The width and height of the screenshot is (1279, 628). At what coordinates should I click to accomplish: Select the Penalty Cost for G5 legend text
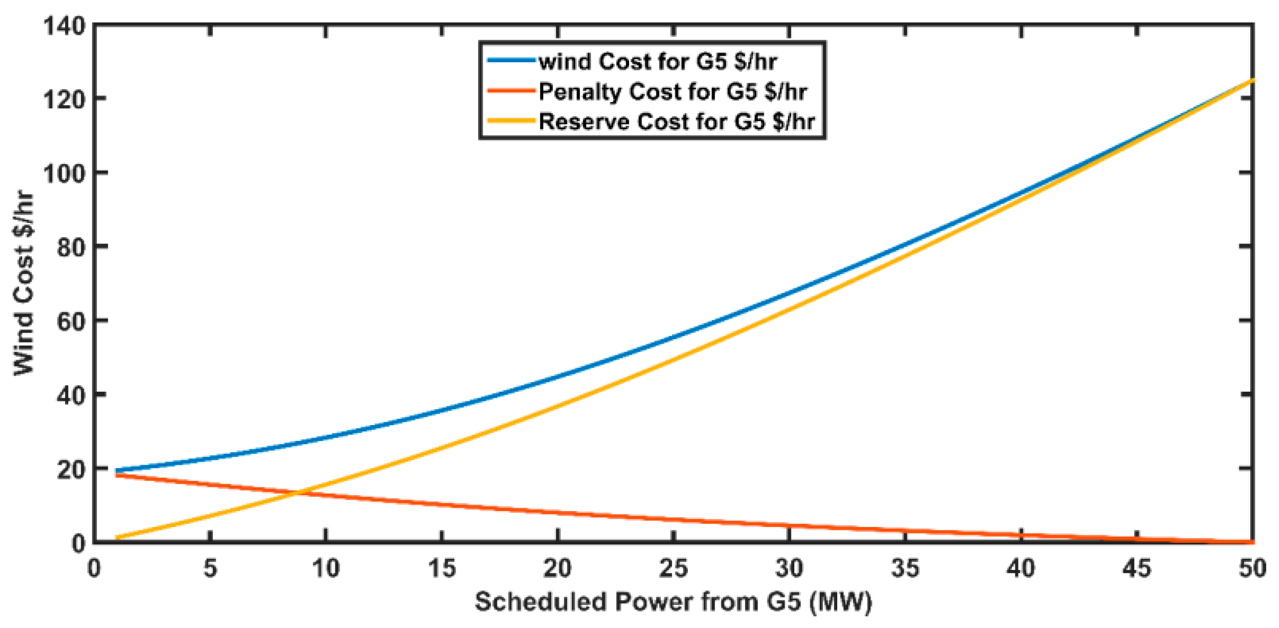point(672,92)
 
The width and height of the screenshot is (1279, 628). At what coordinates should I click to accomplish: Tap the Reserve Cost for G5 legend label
point(676,122)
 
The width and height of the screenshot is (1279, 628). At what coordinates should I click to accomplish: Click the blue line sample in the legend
point(511,60)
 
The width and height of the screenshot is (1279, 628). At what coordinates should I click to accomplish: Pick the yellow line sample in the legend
point(511,121)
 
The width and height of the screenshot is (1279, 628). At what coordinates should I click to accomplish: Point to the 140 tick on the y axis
point(65,26)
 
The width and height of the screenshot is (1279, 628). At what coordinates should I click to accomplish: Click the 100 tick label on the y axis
point(65,173)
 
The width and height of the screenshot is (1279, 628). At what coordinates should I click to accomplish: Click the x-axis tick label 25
point(673,568)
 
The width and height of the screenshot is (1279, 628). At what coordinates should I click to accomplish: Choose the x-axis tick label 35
point(905,568)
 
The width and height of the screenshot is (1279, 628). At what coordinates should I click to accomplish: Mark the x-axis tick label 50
point(1252,568)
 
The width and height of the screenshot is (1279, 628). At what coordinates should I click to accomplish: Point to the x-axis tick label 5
point(211,568)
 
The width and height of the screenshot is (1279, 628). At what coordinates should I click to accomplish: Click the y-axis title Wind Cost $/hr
point(23,283)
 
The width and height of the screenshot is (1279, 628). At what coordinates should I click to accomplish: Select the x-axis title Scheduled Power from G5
point(673,602)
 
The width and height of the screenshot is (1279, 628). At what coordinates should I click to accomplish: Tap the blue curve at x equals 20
point(558,377)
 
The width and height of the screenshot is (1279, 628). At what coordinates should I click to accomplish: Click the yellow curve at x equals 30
point(789,309)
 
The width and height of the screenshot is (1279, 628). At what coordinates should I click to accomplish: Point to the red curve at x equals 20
point(558,512)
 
